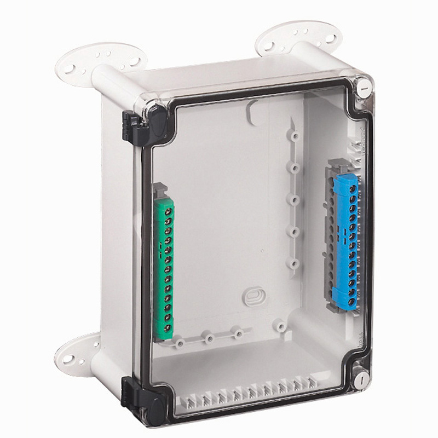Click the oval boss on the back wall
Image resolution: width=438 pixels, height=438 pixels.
(x=253, y=296)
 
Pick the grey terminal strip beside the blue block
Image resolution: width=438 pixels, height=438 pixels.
(x=332, y=241)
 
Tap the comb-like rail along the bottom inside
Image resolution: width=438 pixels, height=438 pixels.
(x=246, y=393)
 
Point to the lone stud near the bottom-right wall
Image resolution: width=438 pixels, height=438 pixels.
(x=281, y=326)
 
